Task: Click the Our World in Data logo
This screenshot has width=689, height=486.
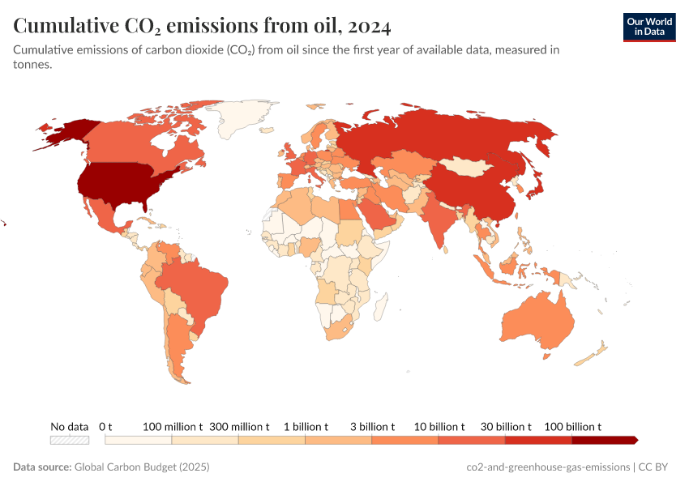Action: click(x=648, y=26)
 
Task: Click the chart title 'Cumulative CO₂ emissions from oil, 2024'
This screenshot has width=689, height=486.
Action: click(x=202, y=26)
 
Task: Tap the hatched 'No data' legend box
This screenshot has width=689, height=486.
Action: click(x=69, y=440)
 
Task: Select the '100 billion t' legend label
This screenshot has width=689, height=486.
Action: click(x=572, y=426)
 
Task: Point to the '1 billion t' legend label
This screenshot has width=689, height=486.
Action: click(x=306, y=426)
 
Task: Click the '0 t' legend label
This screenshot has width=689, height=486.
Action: click(x=105, y=426)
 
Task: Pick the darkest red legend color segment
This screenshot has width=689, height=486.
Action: click(x=604, y=440)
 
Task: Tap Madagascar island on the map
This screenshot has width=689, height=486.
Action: click(x=379, y=306)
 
